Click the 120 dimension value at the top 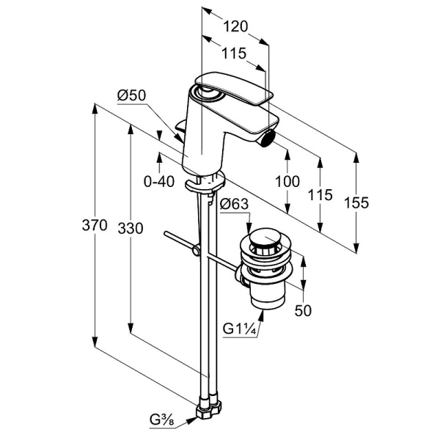click(235, 27)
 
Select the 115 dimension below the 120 click(235, 54)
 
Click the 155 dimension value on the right click(356, 203)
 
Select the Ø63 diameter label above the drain click(233, 205)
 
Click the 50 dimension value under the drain click(303, 310)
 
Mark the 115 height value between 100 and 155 click(320, 195)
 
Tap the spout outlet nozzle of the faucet click(269, 134)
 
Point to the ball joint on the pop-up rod click(196, 252)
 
